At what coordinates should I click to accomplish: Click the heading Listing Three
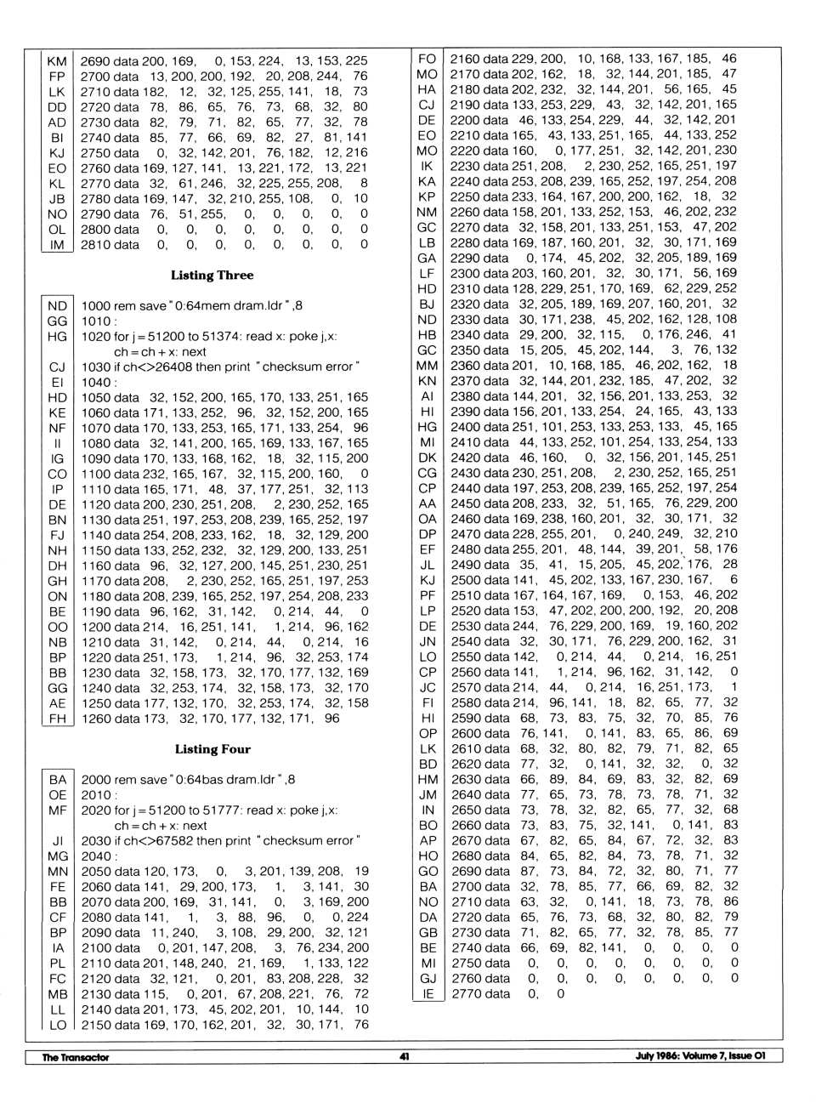point(212,276)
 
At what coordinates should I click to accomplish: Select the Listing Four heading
point(212,749)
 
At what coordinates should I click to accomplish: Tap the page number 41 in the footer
point(405,1056)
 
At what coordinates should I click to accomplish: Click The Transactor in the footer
point(76,1057)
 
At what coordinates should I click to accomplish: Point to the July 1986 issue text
point(700,1056)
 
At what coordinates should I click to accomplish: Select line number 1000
point(96,306)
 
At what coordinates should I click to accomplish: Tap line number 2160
point(465,59)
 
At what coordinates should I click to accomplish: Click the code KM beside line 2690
point(57,61)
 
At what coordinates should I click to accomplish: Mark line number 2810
point(95,245)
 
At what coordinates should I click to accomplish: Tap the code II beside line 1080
point(57,444)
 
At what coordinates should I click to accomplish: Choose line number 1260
point(96,719)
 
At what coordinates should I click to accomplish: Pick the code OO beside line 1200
point(57,628)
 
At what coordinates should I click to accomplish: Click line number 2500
point(465,580)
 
